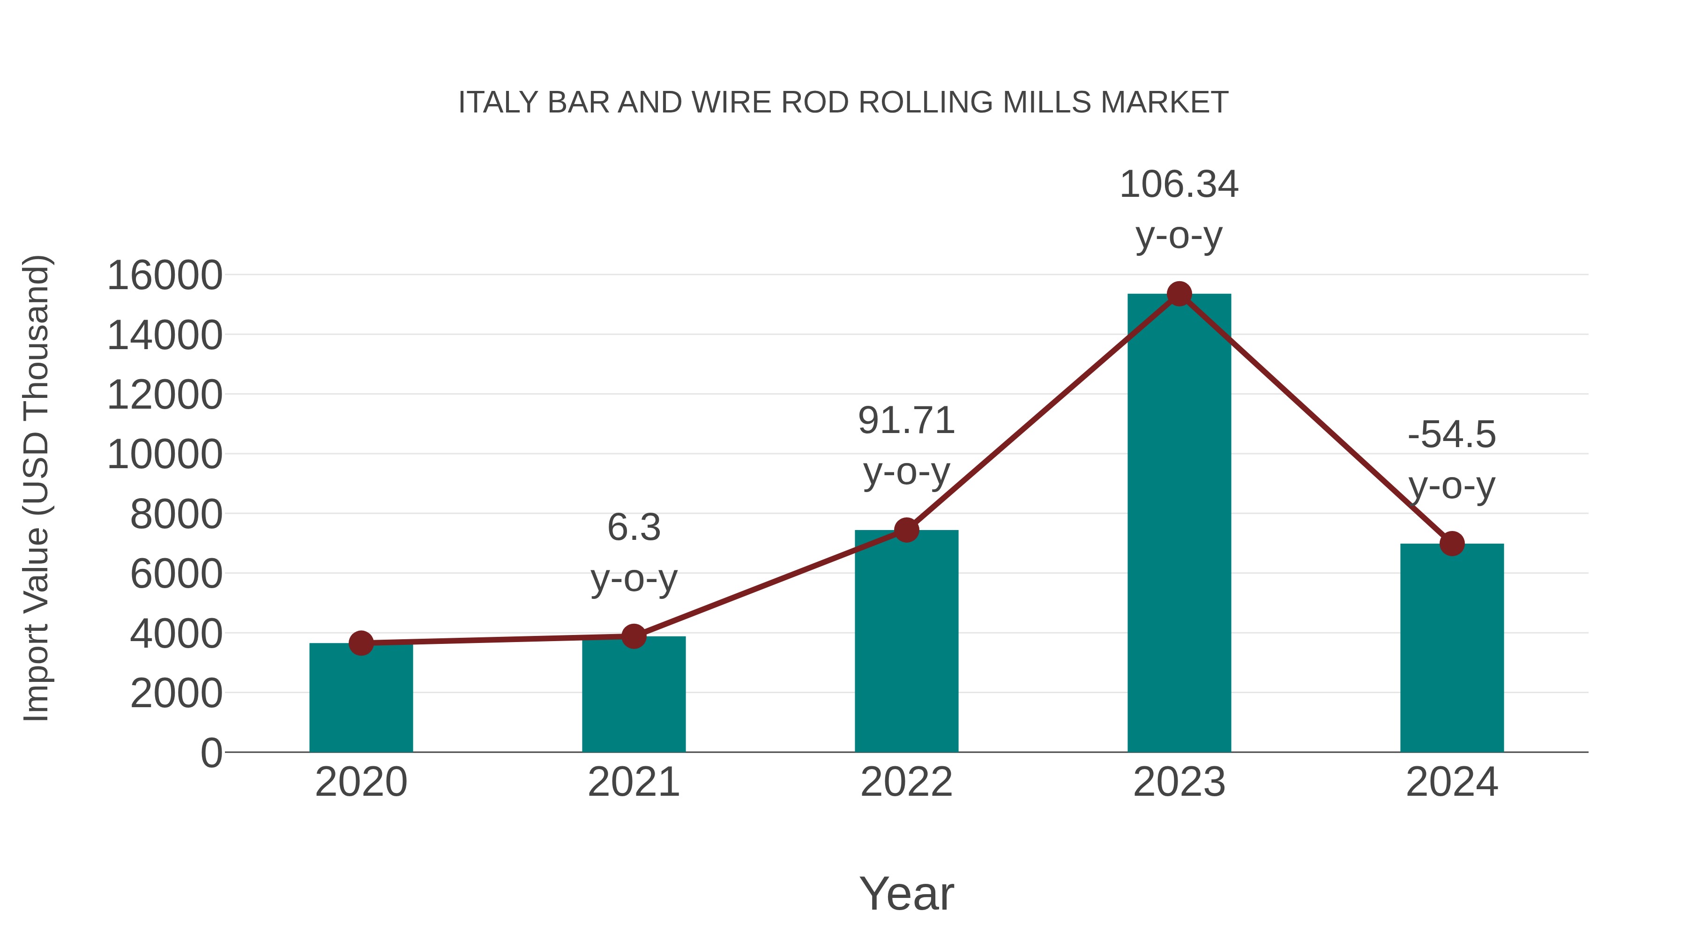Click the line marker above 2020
[361, 643]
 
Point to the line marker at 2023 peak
[1179, 294]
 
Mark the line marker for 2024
[1452, 544]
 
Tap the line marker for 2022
[906, 530]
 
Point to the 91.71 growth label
[906, 445]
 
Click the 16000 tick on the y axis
[164, 275]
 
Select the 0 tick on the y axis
[211, 753]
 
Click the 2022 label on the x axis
[906, 782]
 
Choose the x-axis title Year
[906, 893]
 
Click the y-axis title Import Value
[37, 488]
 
